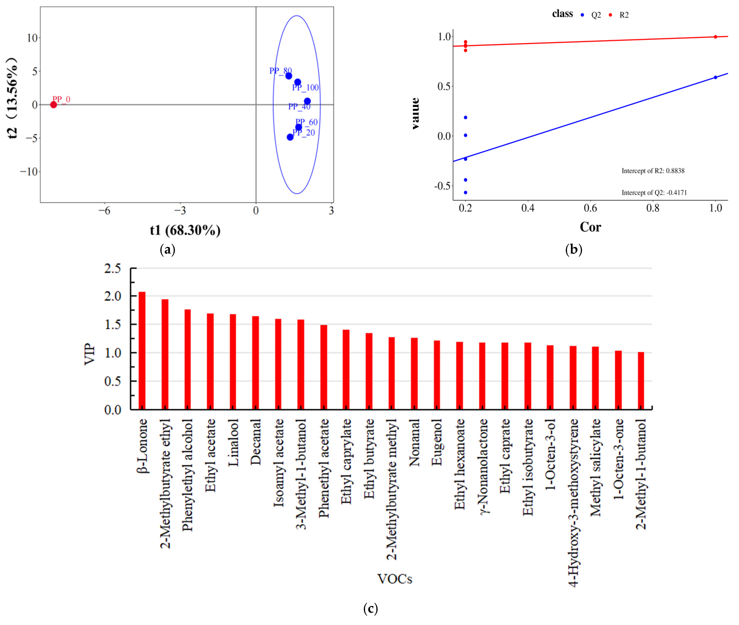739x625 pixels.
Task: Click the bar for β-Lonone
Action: click(x=142, y=351)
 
